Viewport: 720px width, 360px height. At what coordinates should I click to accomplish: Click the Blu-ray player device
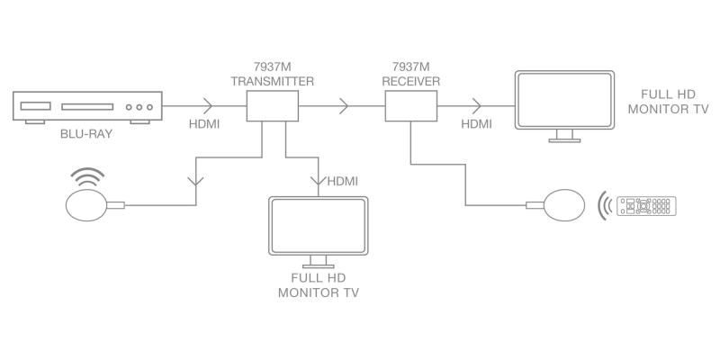click(x=87, y=107)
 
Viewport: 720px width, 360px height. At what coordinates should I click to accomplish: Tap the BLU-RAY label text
click(x=86, y=134)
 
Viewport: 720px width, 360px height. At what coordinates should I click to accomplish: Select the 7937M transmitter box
click(x=273, y=106)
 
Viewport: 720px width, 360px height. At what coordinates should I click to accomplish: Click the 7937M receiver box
click(x=411, y=106)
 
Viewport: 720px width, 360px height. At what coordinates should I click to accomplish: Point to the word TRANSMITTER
click(x=273, y=82)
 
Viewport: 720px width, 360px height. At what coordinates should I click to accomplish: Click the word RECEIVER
click(x=411, y=82)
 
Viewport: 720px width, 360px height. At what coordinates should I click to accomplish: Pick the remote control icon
click(x=646, y=206)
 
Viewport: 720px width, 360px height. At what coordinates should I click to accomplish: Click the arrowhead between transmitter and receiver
click(x=345, y=106)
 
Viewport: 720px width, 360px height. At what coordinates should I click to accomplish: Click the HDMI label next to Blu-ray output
click(x=204, y=124)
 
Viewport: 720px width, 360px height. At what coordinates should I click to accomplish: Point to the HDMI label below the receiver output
click(x=477, y=124)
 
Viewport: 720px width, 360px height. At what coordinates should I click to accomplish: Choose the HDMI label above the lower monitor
click(x=343, y=182)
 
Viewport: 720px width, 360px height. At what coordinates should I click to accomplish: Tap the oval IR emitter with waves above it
click(x=86, y=205)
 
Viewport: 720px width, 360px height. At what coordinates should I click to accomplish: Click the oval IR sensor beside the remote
click(x=564, y=205)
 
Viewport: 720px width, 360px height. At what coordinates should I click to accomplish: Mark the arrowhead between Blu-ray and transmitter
click(x=209, y=106)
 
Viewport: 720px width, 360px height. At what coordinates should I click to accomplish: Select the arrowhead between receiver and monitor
click(x=477, y=106)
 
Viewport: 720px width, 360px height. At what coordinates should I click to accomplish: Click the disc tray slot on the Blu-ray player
click(x=87, y=106)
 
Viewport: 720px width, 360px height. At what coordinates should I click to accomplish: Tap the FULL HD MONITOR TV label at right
click(x=668, y=102)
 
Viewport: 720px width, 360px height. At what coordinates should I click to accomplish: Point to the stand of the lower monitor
click(x=319, y=262)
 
